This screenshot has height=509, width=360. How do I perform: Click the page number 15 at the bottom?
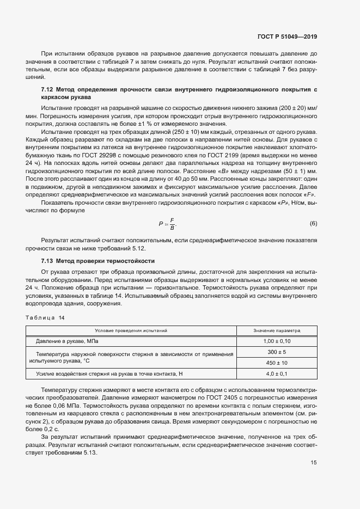tap(314, 463)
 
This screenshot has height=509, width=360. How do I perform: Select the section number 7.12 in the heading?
tap(47, 89)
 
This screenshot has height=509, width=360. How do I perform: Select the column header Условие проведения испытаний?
tap(131, 330)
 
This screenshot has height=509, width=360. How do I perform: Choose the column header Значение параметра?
tap(277, 330)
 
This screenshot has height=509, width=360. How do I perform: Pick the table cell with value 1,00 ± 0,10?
tap(277, 341)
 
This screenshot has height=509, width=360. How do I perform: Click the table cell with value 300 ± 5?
tap(277, 352)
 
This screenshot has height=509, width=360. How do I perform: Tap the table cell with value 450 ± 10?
tap(277, 363)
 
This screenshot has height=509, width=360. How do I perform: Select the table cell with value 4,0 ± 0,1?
tap(277, 374)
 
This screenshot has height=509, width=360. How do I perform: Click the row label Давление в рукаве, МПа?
tap(68, 341)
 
